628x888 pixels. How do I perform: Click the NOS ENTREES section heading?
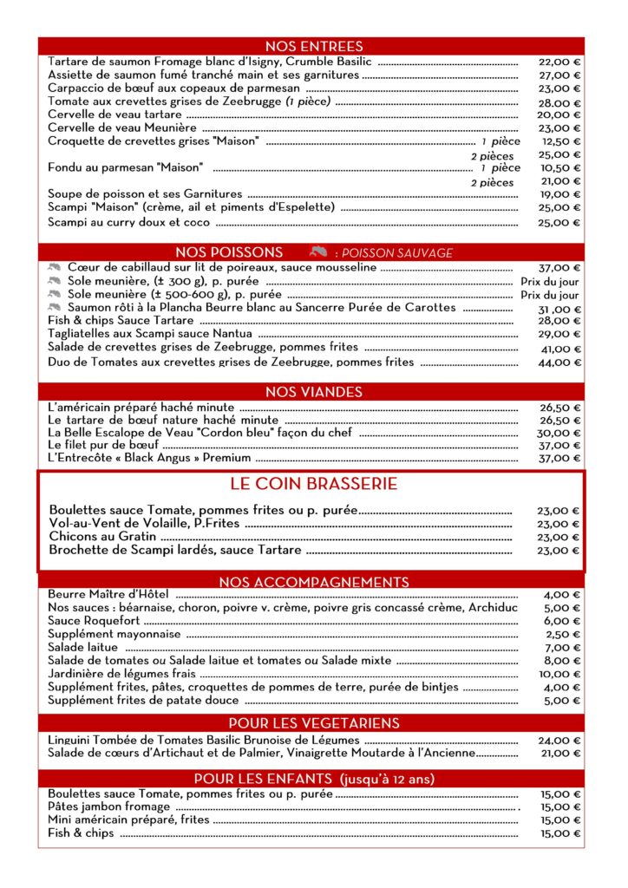pos(313,46)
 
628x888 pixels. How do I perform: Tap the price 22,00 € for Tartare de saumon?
pos(559,62)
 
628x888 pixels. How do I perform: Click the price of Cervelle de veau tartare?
pos(559,114)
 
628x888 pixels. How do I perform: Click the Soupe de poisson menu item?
pos(145,194)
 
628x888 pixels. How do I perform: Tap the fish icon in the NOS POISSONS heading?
pos(316,251)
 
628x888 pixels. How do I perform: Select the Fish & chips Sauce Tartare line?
pos(121,321)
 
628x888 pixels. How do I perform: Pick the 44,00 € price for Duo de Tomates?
pos(559,362)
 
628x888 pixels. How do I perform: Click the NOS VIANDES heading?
pos(313,392)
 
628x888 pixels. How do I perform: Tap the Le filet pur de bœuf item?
pos(105,445)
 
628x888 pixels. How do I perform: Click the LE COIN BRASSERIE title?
pos(313,484)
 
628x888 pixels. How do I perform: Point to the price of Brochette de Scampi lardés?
pos(559,550)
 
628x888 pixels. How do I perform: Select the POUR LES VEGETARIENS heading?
pos(313,723)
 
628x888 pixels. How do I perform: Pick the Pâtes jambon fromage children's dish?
pos(108,806)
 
